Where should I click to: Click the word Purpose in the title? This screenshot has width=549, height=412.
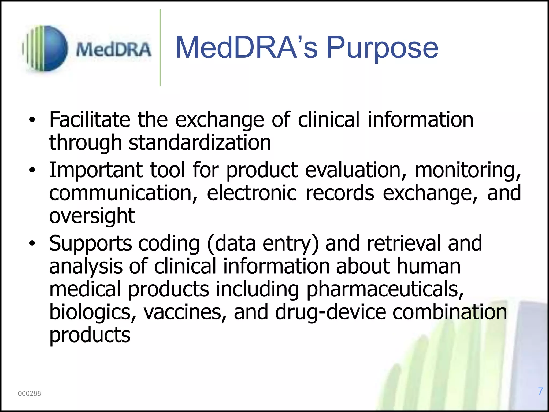[x=382, y=48]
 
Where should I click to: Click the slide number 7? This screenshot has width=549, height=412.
[x=540, y=391]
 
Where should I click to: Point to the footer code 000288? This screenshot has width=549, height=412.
[x=29, y=393]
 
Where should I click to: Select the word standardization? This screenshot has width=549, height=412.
[x=200, y=142]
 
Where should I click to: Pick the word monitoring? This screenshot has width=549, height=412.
[x=468, y=171]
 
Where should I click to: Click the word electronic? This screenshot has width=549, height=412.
[x=252, y=193]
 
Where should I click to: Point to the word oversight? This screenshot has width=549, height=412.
[x=92, y=216]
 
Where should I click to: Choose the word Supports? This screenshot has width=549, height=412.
[x=90, y=244]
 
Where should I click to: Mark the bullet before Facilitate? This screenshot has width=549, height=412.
[x=32, y=120]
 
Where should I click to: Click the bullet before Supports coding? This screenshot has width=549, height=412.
[x=32, y=243]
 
